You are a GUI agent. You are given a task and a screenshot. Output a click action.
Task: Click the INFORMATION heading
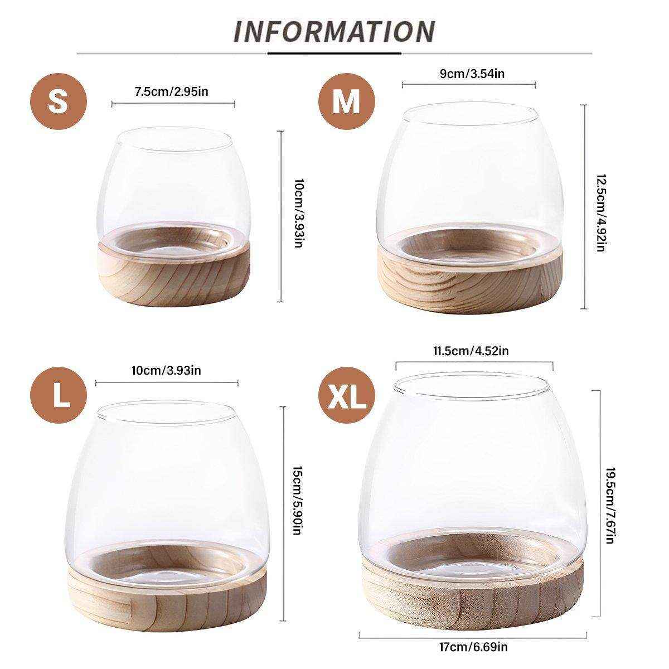334,32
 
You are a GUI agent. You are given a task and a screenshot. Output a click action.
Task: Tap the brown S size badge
58,101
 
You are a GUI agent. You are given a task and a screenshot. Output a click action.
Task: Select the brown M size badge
346,101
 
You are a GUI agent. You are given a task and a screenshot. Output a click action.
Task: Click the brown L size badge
58,395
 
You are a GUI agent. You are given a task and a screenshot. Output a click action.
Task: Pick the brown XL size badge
346,395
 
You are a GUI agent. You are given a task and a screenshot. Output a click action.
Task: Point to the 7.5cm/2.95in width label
172,91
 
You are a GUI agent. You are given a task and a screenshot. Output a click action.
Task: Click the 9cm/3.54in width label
472,74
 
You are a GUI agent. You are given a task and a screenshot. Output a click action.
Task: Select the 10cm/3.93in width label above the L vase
166,370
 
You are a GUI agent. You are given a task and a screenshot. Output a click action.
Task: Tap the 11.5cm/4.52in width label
471,351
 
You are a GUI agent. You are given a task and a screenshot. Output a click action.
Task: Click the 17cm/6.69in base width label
473,647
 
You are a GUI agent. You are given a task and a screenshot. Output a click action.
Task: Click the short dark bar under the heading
334,54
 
